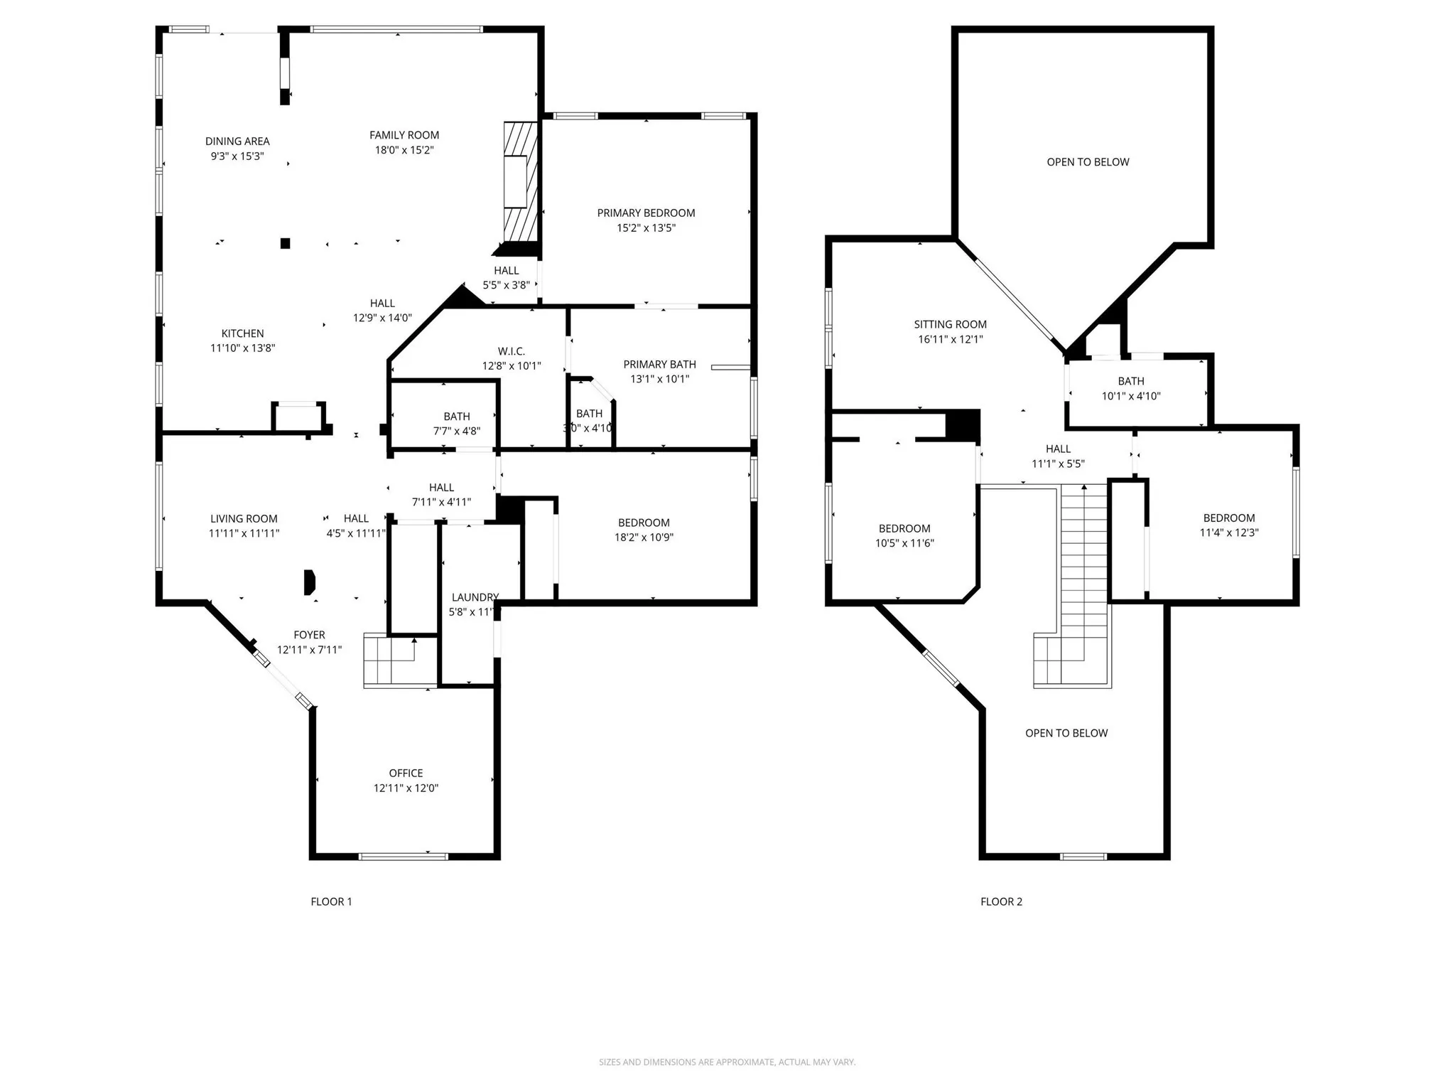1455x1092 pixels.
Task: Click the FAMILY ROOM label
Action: pos(404,135)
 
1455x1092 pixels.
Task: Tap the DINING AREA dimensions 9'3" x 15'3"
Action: pos(237,156)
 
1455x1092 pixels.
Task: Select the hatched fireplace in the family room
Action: pos(520,183)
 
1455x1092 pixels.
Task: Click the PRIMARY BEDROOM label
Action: pos(645,213)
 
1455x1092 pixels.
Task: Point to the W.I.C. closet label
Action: pos(511,351)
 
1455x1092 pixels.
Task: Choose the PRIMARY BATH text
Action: pos(659,365)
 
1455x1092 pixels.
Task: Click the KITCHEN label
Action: pos(242,333)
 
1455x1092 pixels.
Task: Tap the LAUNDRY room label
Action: pos(475,597)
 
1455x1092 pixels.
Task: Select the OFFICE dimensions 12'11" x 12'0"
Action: pos(406,788)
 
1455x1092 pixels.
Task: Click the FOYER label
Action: pos(309,635)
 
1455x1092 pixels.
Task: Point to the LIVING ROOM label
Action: pos(244,519)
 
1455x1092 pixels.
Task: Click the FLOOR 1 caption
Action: pos(331,901)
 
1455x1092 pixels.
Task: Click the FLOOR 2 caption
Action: pos(1001,901)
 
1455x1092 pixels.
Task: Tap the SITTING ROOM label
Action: pos(950,325)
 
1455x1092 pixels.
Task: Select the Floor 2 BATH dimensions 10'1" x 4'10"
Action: pos(1130,397)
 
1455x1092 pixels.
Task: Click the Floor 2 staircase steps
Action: pos(1083,562)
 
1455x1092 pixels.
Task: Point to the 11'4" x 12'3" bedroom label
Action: pos(1228,518)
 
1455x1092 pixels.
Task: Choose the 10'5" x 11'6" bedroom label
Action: pos(904,529)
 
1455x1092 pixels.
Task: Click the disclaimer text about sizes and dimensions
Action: pos(727,1062)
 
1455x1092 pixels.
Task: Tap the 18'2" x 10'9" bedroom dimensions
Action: pos(644,537)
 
